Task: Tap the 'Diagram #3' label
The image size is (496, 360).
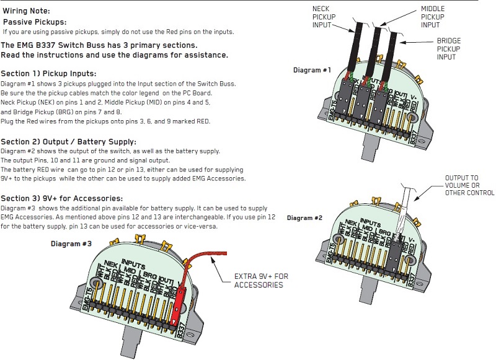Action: click(71, 244)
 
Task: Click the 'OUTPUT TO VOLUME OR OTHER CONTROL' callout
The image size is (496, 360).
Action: click(469, 185)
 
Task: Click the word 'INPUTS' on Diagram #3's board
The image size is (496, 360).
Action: click(133, 263)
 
